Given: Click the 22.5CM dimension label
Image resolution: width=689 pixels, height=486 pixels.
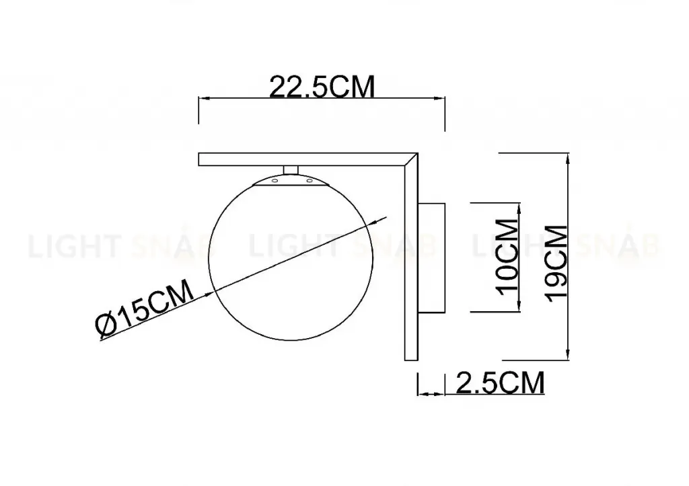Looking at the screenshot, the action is click(x=322, y=87).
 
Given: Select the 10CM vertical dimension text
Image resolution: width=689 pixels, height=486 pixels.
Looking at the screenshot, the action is click(x=507, y=257).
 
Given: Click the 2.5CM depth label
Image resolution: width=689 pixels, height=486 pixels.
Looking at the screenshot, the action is click(x=501, y=383).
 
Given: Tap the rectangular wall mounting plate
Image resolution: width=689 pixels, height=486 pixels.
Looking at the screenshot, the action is click(x=431, y=257).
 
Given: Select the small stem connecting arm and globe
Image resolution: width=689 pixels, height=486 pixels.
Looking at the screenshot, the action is click(x=291, y=170).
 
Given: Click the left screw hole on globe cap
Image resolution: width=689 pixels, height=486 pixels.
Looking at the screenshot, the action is click(x=275, y=180).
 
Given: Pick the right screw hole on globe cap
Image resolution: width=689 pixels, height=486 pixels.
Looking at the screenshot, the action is click(x=310, y=180).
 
